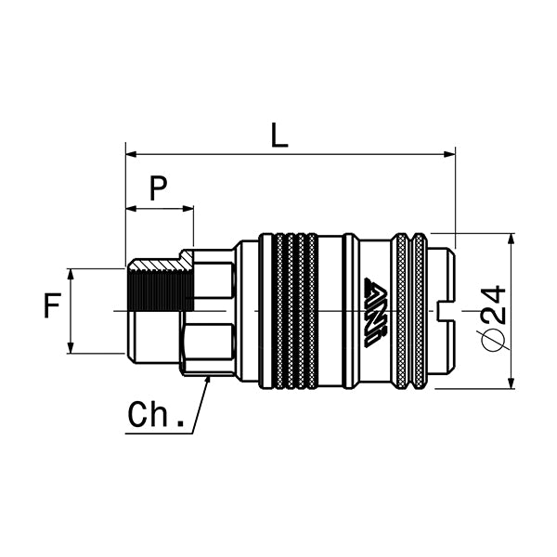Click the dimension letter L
pos(279,136)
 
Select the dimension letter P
pos(159,188)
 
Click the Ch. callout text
pos(156,414)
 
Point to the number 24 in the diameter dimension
pos(495,304)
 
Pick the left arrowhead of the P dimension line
pos(131,209)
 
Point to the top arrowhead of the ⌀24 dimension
pos(512,239)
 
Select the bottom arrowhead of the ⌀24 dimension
pos(512,383)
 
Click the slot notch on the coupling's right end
pos(443,310)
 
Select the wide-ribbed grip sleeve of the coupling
pos(295,311)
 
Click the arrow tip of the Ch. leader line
pos(209,378)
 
